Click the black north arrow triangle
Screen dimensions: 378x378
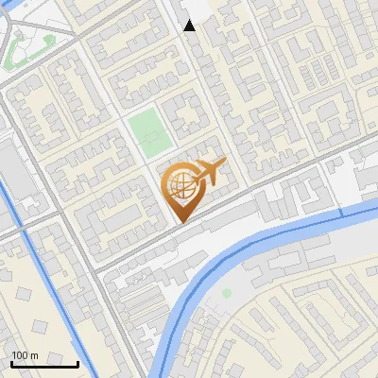click(x=190, y=26)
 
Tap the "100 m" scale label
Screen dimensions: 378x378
click(x=26, y=355)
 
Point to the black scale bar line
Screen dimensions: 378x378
click(x=44, y=364)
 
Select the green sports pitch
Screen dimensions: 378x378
click(x=148, y=132)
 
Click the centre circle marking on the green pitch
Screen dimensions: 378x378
click(x=148, y=132)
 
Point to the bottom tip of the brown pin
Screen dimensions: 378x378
click(x=180, y=222)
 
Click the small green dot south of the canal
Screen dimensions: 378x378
click(x=227, y=294)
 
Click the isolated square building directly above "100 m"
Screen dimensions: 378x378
click(x=40, y=327)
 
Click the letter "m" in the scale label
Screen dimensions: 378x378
click(x=34, y=355)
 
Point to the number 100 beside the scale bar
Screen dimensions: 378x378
click(x=20, y=355)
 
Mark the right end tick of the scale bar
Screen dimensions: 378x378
click(x=77, y=363)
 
